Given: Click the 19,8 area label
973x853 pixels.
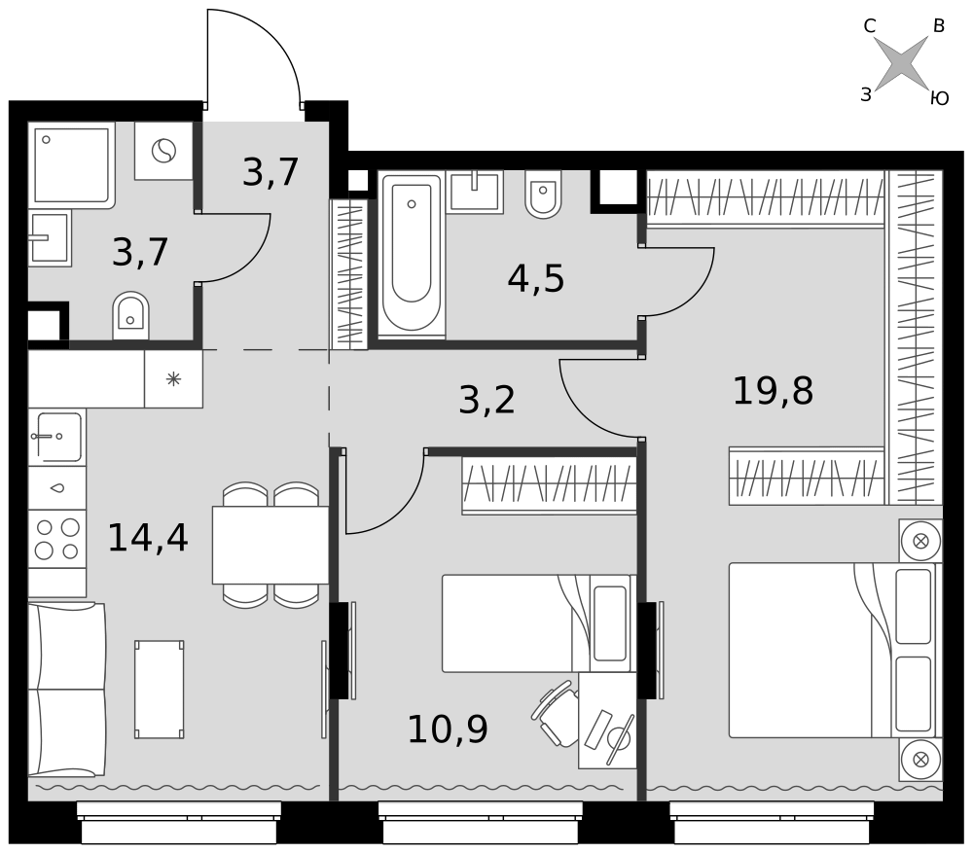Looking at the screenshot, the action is click(773, 391).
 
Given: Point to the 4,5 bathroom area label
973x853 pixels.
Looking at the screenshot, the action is click(535, 278).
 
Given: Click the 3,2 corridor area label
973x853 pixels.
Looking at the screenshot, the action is click(486, 400).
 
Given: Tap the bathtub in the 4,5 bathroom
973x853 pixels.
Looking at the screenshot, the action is click(412, 255).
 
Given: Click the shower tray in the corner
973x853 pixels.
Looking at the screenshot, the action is click(71, 165).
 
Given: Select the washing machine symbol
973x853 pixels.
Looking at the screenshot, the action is click(163, 151).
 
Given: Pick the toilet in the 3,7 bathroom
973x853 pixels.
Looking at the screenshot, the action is click(130, 316).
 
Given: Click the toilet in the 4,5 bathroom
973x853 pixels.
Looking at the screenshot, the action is click(543, 195).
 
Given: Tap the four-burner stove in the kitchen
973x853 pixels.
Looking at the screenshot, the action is click(57, 539).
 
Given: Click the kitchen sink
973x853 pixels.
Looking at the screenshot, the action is click(57, 437).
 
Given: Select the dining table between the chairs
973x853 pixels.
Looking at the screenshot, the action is click(270, 545).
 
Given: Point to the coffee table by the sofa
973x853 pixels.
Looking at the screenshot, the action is click(160, 690).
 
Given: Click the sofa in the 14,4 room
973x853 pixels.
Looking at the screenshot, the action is click(67, 690).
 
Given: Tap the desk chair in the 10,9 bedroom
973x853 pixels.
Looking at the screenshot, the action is click(556, 713).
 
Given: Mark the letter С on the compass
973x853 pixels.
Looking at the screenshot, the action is click(869, 26).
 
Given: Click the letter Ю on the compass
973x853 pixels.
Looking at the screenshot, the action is click(940, 98).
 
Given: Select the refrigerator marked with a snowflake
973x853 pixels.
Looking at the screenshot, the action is click(174, 378).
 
